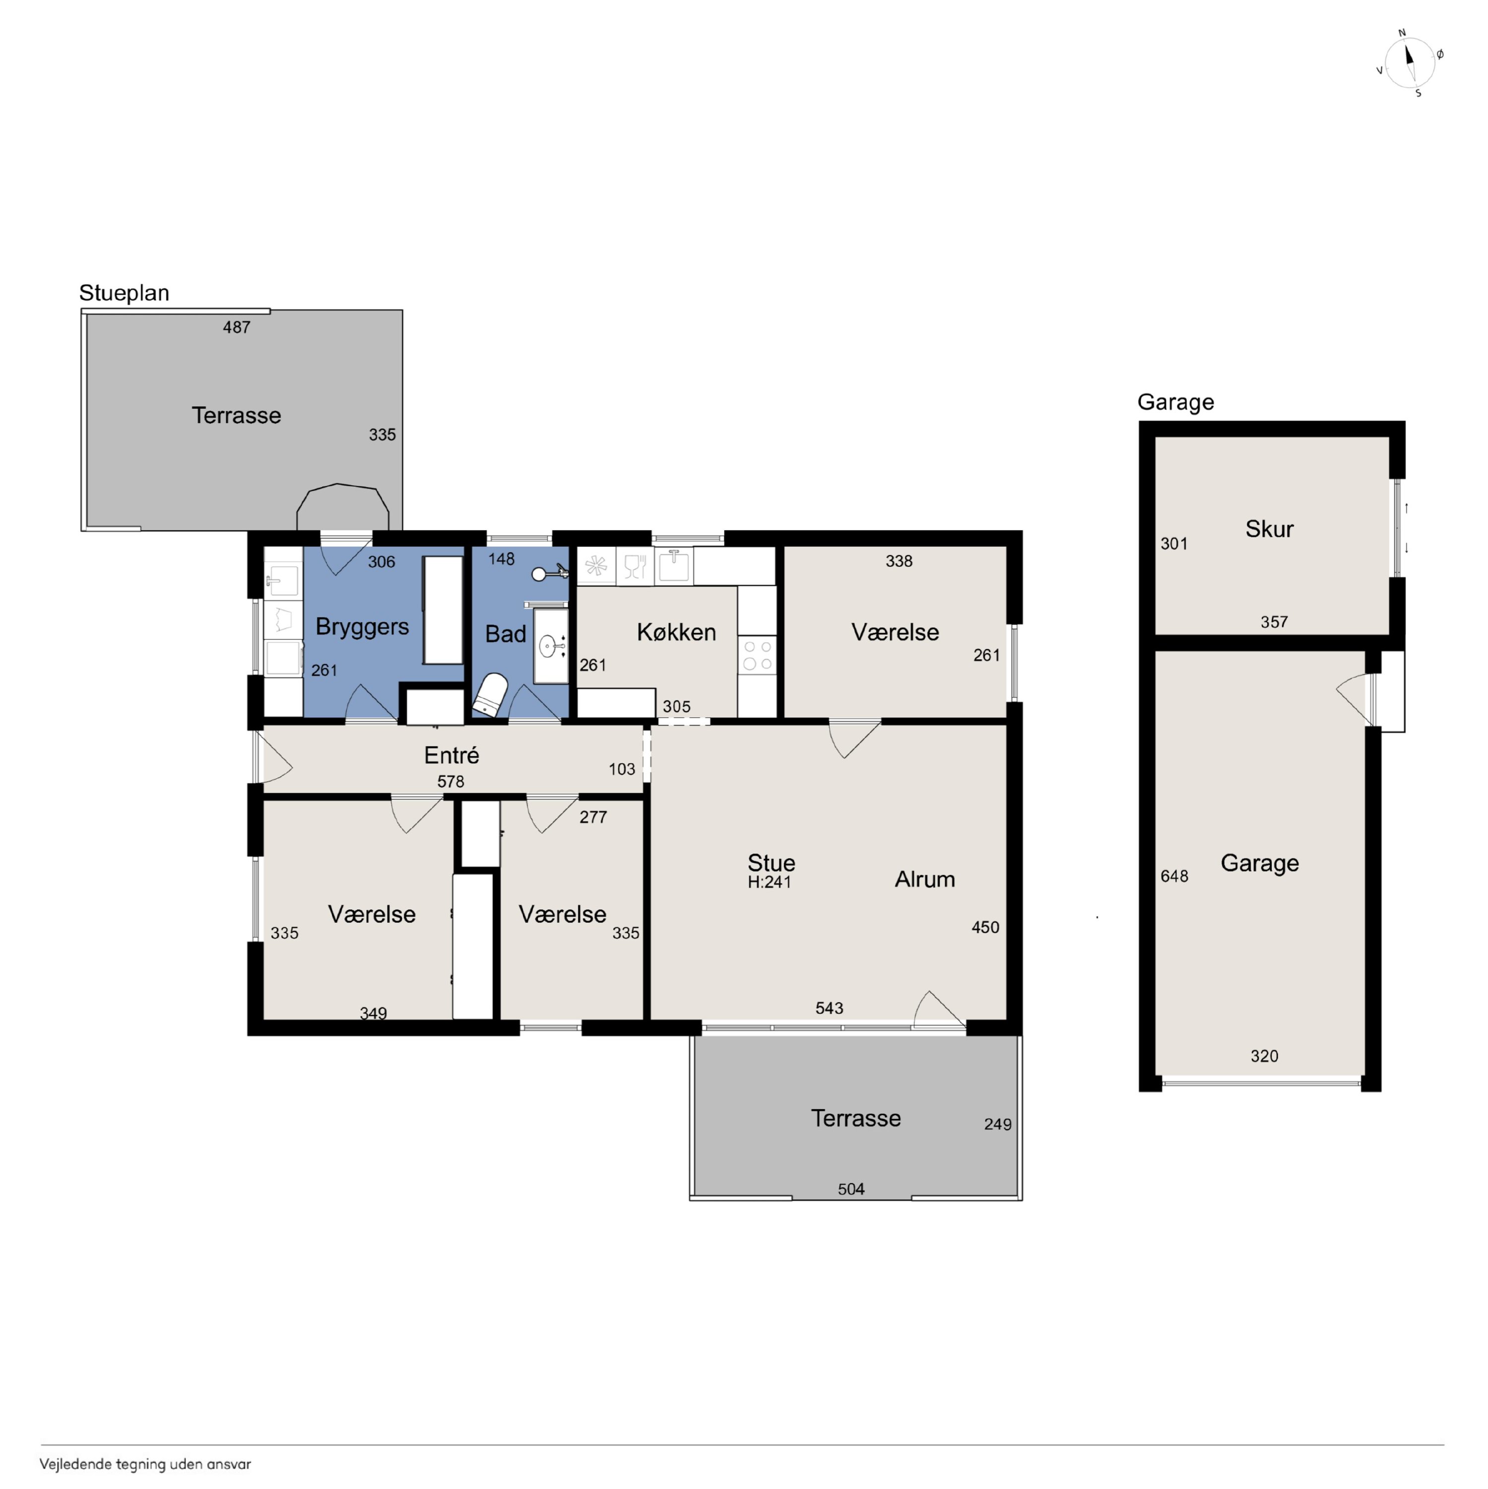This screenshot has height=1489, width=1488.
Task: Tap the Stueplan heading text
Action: tap(124, 293)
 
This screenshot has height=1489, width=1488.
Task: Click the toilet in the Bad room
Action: tap(490, 695)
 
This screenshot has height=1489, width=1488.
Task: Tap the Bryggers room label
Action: tap(362, 626)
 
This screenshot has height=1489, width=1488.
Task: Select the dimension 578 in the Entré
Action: tap(451, 782)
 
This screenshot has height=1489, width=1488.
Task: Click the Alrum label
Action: tap(925, 880)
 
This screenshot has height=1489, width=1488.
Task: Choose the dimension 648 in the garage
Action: tap(1174, 877)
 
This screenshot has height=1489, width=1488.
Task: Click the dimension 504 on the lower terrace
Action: tap(851, 1189)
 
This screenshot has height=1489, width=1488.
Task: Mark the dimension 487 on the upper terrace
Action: tap(237, 328)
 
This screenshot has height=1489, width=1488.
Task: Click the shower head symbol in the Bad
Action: tap(550, 573)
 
